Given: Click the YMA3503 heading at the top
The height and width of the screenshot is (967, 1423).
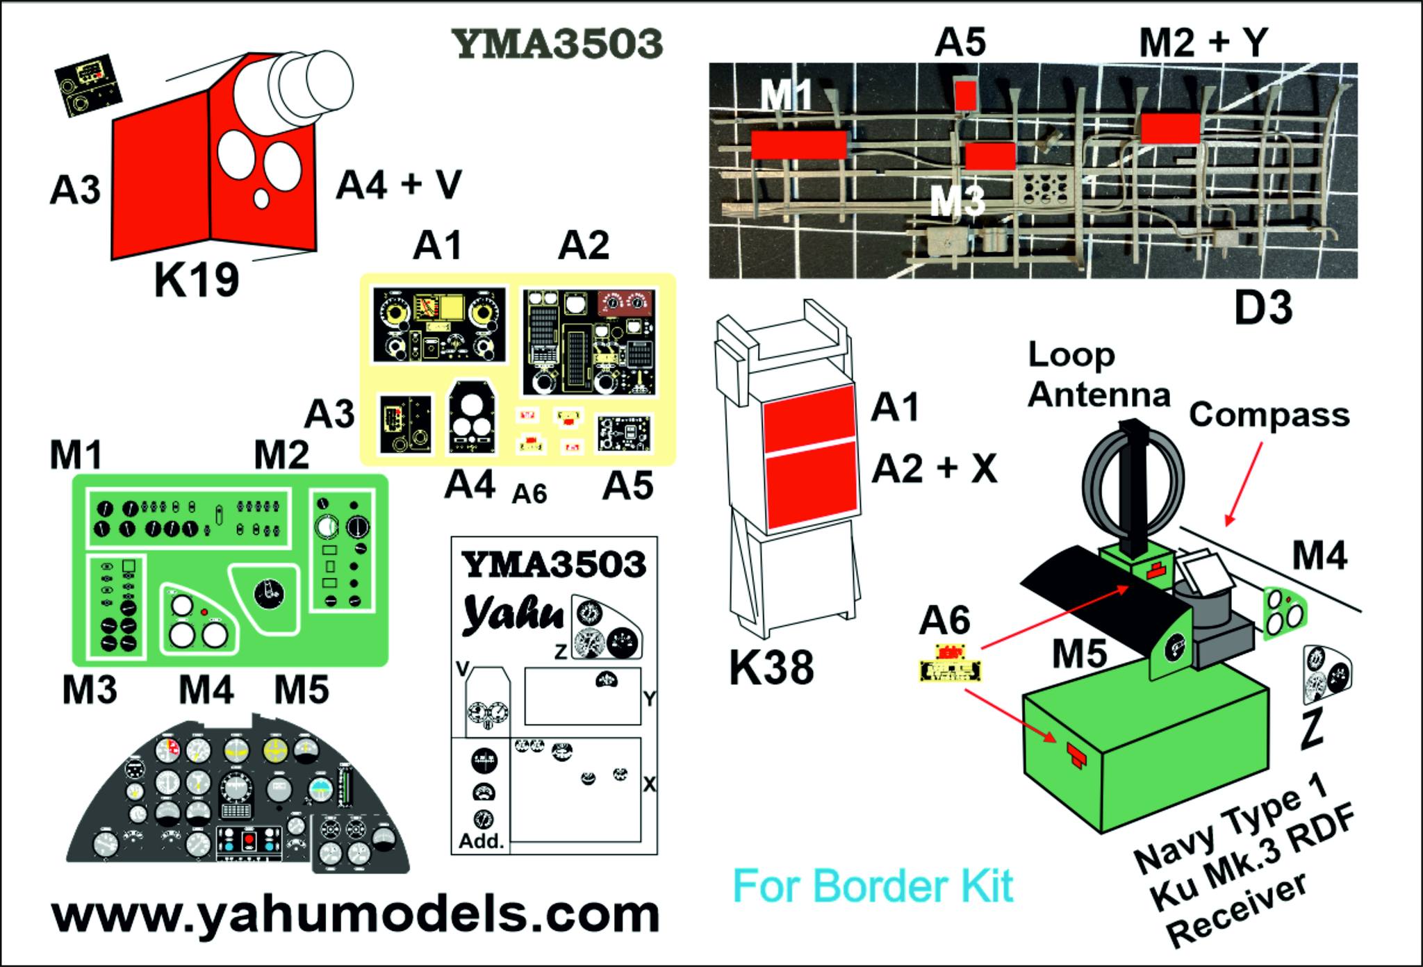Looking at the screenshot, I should pyautogui.click(x=557, y=44).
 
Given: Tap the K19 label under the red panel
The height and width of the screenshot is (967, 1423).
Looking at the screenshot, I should pyautogui.click(x=197, y=281).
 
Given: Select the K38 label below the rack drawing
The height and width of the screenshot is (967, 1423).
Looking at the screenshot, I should pyautogui.click(x=771, y=668).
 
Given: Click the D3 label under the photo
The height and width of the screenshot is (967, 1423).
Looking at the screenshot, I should pyautogui.click(x=1262, y=308).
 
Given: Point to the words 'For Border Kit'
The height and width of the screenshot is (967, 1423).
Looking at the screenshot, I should pyautogui.click(x=873, y=887).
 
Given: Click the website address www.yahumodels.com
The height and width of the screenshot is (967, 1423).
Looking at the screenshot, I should pyautogui.click(x=355, y=916).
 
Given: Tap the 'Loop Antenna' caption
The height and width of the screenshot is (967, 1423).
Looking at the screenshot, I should pyautogui.click(x=1098, y=375).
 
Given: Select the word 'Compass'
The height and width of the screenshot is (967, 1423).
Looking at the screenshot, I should pyautogui.click(x=1269, y=415).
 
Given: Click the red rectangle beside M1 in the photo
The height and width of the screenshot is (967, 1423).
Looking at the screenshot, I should pyautogui.click(x=798, y=144).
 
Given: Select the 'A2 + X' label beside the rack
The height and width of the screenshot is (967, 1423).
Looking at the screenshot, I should pyautogui.click(x=934, y=469).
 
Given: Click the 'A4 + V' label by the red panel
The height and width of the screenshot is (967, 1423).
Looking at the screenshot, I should pyautogui.click(x=399, y=185).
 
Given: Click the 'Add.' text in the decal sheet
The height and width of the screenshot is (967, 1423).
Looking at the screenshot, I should pyautogui.click(x=481, y=841).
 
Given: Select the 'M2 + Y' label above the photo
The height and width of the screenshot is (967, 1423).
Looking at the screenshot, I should pyautogui.click(x=1203, y=43).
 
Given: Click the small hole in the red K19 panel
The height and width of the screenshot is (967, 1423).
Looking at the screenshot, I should pyautogui.click(x=261, y=198).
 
